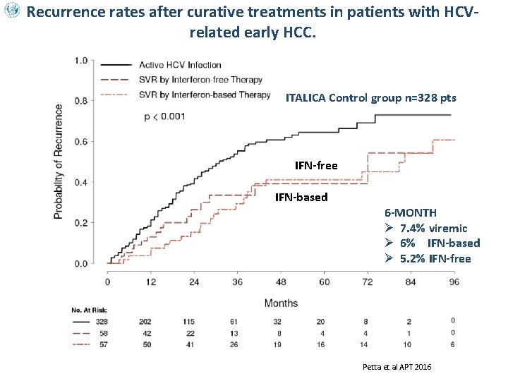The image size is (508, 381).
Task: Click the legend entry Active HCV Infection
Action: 180,65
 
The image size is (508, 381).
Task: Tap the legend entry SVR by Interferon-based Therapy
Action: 205,95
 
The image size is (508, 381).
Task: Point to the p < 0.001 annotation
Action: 164,116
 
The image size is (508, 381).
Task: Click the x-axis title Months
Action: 281,303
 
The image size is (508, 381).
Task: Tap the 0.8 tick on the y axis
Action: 82,101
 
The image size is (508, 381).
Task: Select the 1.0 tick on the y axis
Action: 82,61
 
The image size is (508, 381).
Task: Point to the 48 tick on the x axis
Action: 281,282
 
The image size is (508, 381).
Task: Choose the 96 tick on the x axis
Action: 454,282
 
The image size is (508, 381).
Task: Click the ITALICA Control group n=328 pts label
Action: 371,97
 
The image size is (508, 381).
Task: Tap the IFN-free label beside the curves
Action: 316,166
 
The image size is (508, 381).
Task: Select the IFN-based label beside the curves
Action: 301,197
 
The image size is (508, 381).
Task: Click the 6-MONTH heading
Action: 411,212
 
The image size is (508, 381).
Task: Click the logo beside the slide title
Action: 12,12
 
